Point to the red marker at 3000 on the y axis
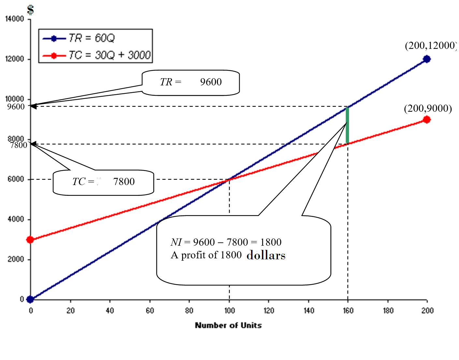(x=30, y=240)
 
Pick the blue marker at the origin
(x=30, y=299)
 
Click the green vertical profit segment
(x=347, y=125)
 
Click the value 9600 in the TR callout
(x=211, y=82)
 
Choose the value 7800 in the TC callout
(x=124, y=182)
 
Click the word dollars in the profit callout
(x=266, y=255)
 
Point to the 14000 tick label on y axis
(x=15, y=19)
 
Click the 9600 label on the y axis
(x=16, y=107)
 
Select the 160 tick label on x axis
(x=348, y=311)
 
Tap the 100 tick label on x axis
(x=229, y=311)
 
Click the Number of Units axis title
(x=228, y=325)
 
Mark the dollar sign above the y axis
(x=30, y=10)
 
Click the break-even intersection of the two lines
(x=229, y=179)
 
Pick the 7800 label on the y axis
(x=19, y=145)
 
